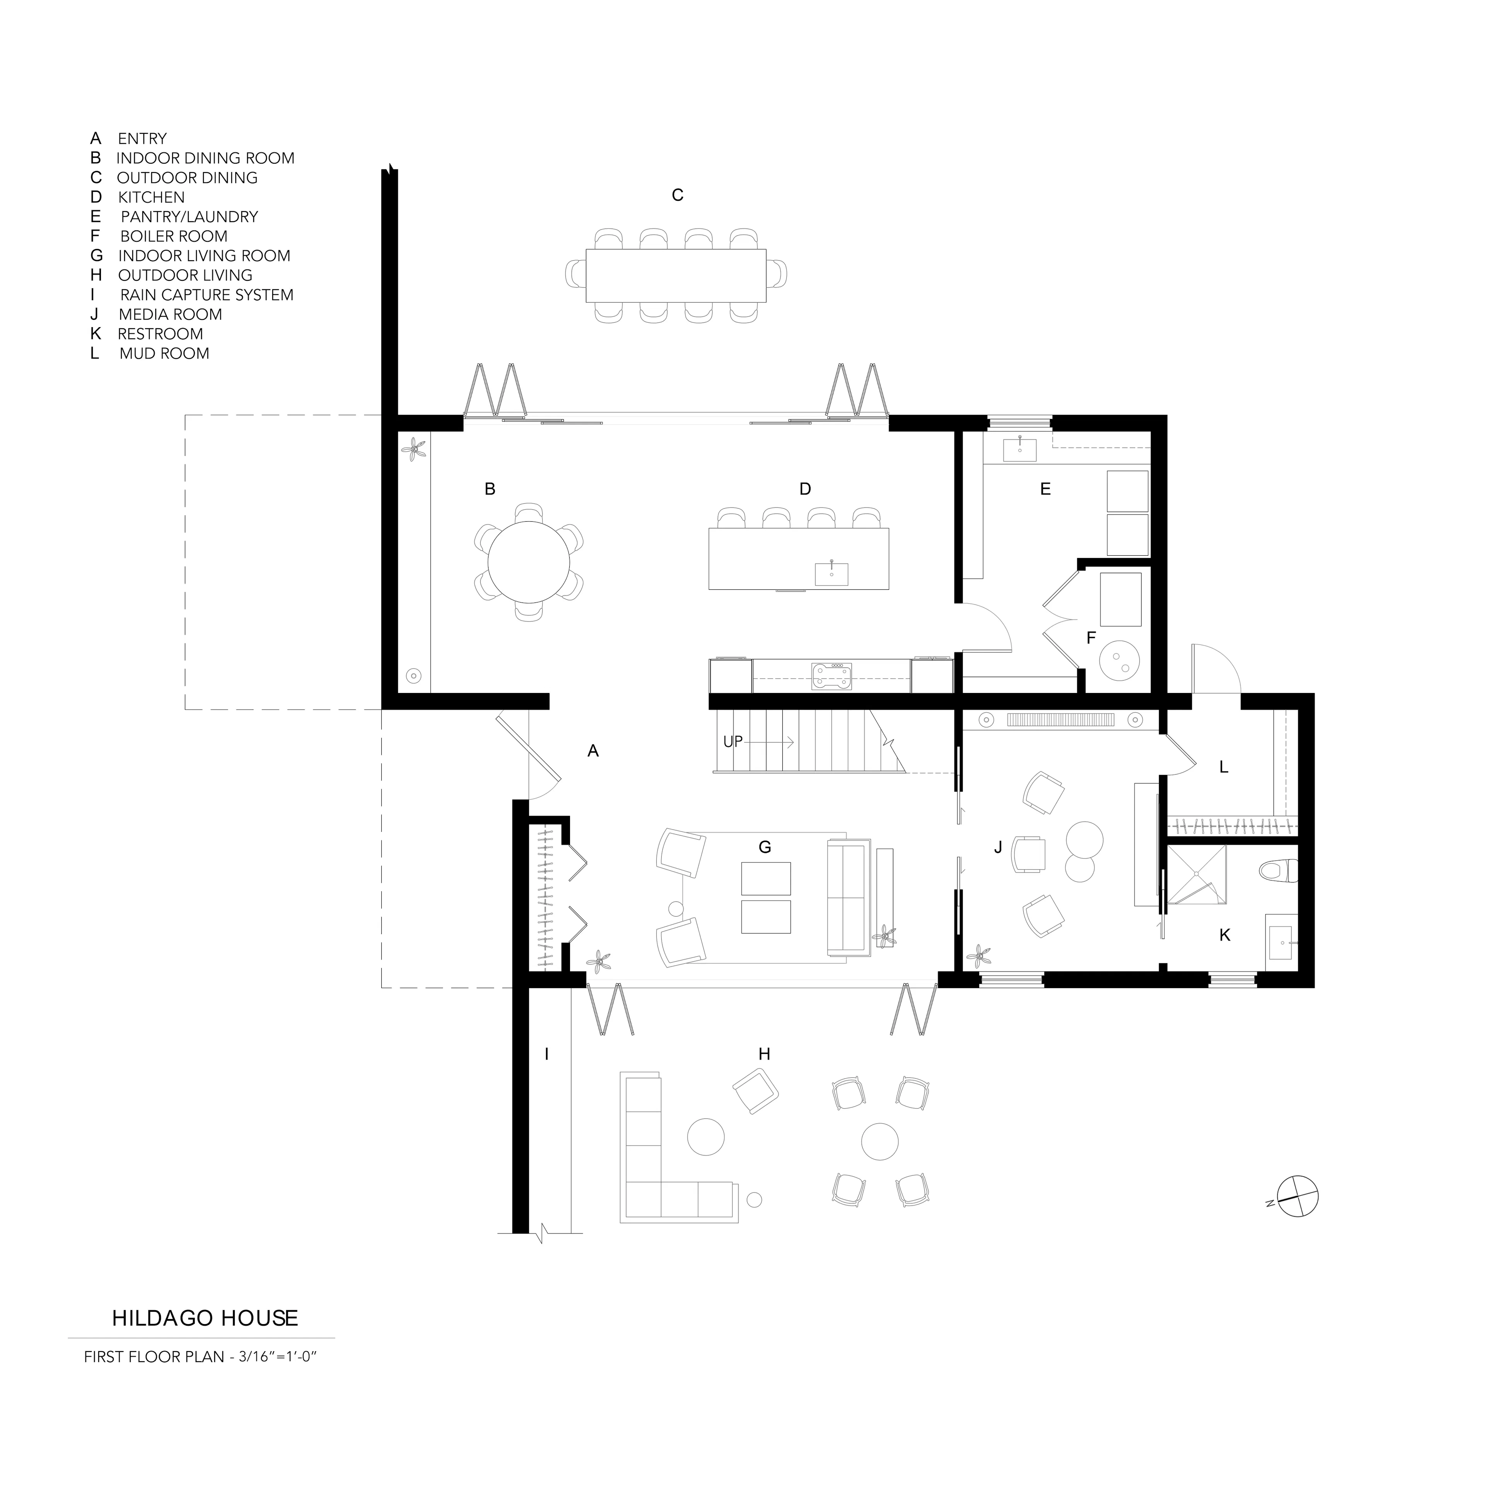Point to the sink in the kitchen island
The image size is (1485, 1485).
pos(832,574)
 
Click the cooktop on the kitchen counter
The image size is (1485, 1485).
pos(832,674)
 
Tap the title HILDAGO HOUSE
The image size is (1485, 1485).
pos(205,1318)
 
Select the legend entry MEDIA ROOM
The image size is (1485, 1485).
pos(171,314)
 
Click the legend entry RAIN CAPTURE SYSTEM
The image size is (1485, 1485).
pos(207,295)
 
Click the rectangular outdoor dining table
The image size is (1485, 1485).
pos(676,275)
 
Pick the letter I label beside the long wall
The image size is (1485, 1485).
pos(546,1054)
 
